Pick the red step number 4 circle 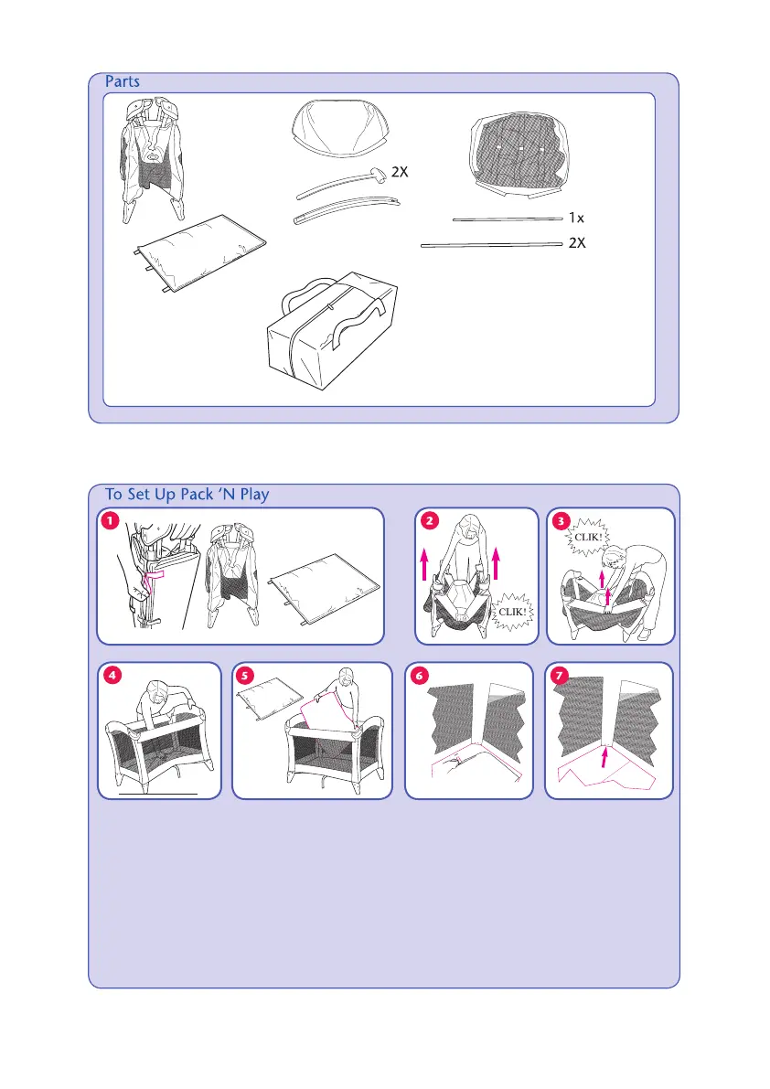point(111,677)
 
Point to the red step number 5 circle point(245,677)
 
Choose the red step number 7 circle point(559,677)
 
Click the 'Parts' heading point(122,81)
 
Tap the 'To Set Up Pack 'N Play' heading point(187,494)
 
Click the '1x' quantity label point(576,219)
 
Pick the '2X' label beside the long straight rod point(577,244)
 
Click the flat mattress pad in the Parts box point(201,251)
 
